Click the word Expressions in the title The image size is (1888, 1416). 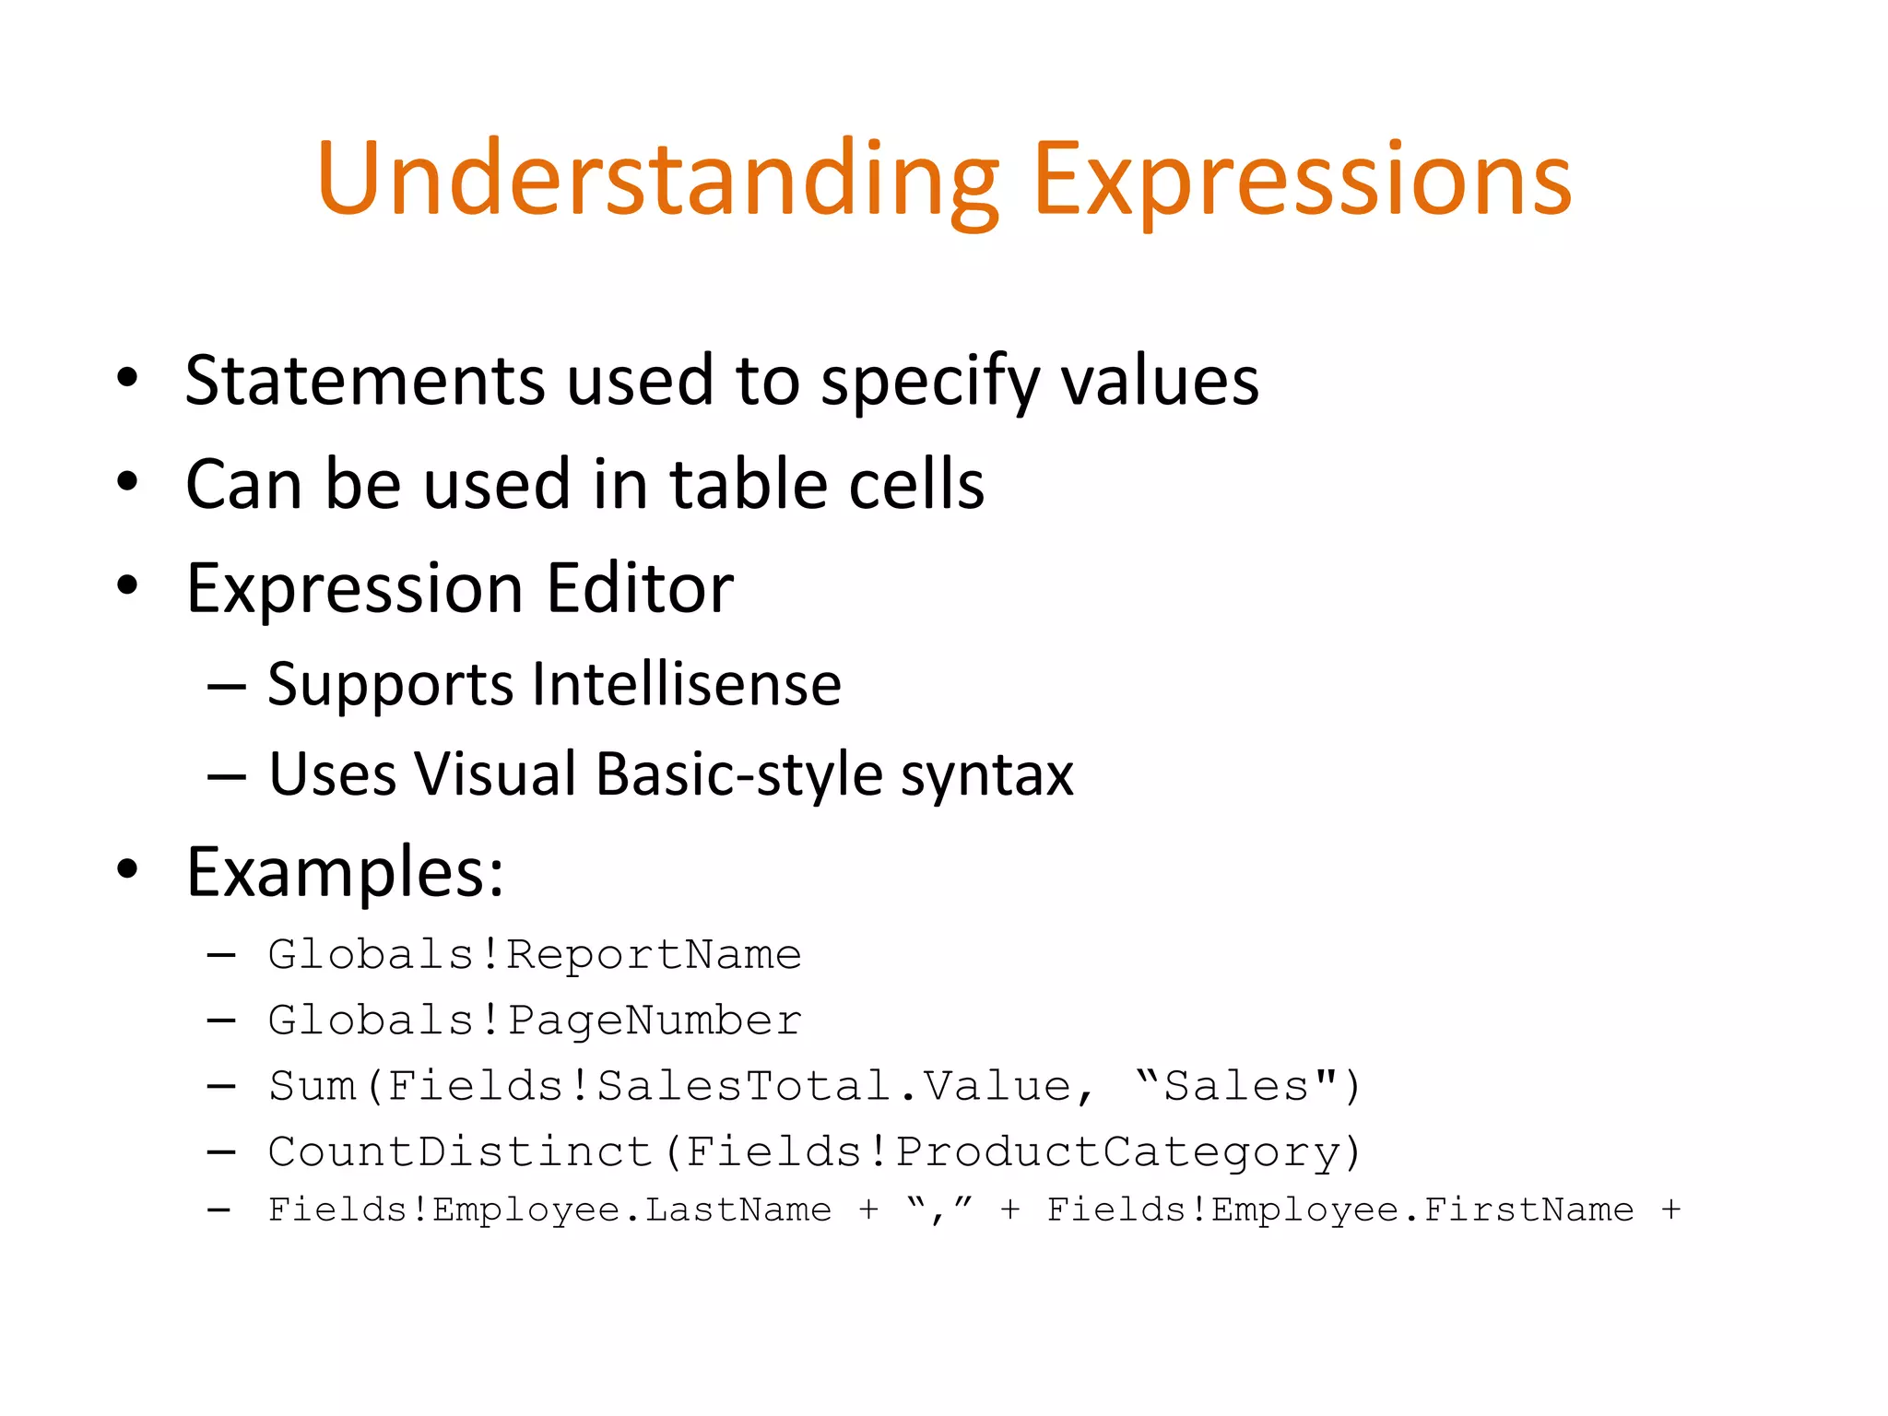pyautogui.click(x=1303, y=180)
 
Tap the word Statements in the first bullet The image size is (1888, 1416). pyautogui.click(x=365, y=381)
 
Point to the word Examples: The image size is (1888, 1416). pyautogui.click(x=345, y=872)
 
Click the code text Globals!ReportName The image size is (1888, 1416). pyautogui.click(x=535, y=954)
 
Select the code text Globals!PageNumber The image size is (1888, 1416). pyautogui.click(x=535, y=1021)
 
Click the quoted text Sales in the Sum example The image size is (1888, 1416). pyautogui.click(x=1236, y=1086)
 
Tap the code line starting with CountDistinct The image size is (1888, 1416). pyautogui.click(x=814, y=1152)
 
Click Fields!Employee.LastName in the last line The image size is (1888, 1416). pyautogui.click(x=549, y=1209)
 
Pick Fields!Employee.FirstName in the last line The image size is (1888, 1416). pyautogui.click(x=1339, y=1209)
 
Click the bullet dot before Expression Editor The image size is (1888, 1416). pyautogui.click(x=127, y=584)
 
